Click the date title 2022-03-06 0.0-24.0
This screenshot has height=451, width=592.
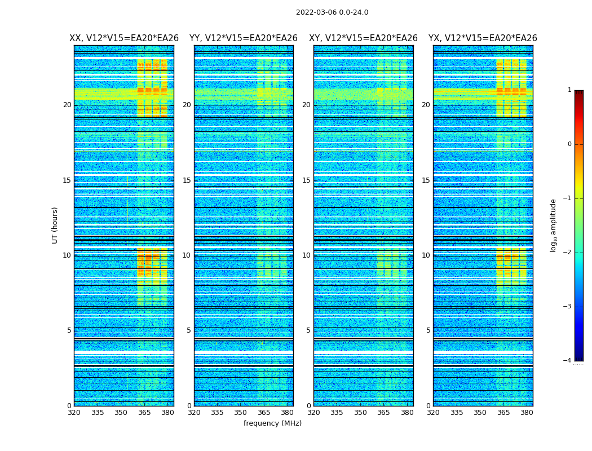[332, 12]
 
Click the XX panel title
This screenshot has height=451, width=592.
[124, 38]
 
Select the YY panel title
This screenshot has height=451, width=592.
[244, 38]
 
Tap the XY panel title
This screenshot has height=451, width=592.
[363, 38]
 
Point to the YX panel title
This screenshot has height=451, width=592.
[483, 38]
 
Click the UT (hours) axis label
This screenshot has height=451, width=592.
[55, 225]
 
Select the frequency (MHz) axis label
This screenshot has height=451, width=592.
[272, 423]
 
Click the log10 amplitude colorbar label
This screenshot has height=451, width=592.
[553, 225]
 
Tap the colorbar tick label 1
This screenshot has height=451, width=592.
[569, 90]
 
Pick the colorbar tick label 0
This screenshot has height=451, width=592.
[569, 144]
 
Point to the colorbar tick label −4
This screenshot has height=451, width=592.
[567, 361]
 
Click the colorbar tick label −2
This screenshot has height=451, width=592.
[567, 253]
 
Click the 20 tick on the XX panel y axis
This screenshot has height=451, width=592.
[67, 105]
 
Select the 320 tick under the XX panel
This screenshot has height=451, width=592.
[74, 413]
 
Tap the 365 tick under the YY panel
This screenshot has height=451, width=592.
[264, 413]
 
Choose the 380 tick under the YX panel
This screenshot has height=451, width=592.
[527, 413]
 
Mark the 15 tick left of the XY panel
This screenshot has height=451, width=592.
[307, 180]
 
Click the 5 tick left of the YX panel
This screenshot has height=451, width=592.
[428, 330]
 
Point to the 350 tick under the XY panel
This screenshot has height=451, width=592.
[360, 413]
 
